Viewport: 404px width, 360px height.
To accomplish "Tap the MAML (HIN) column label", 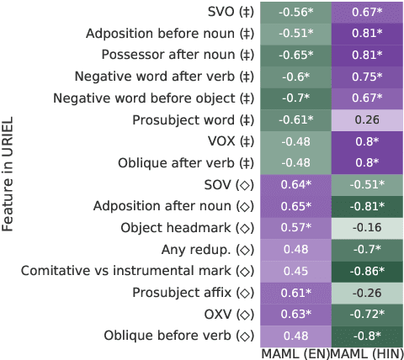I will click(367, 353).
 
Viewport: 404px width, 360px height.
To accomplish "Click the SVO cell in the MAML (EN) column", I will click(295, 13).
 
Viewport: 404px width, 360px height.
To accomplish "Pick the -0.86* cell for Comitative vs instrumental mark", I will click(367, 271).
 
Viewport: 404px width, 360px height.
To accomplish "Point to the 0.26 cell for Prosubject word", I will click(367, 119).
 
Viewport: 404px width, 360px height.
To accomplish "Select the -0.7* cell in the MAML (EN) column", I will click(295, 98).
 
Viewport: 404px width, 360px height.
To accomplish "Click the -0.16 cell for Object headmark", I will click(367, 228).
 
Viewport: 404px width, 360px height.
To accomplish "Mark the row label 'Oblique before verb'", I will click(178, 336).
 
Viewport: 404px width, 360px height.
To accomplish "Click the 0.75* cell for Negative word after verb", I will click(367, 77).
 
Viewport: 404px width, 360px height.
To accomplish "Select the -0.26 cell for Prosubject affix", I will click(367, 293).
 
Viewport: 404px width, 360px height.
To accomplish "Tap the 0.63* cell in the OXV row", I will click(295, 314).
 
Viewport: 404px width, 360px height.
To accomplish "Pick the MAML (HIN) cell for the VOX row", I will click(367, 141).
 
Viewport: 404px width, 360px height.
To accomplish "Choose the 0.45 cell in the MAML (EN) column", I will click(295, 271).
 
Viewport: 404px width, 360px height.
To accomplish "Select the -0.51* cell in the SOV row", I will click(367, 185).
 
